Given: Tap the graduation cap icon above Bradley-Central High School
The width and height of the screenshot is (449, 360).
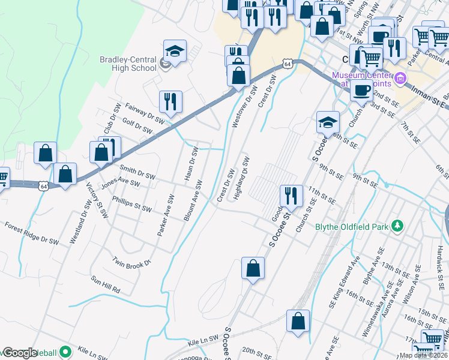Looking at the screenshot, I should (175, 51).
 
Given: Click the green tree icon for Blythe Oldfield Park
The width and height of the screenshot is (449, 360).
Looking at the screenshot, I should (396, 226).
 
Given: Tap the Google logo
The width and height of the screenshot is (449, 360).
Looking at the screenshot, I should (20, 353).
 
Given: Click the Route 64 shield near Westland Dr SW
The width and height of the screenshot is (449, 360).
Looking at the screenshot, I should (43, 187).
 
